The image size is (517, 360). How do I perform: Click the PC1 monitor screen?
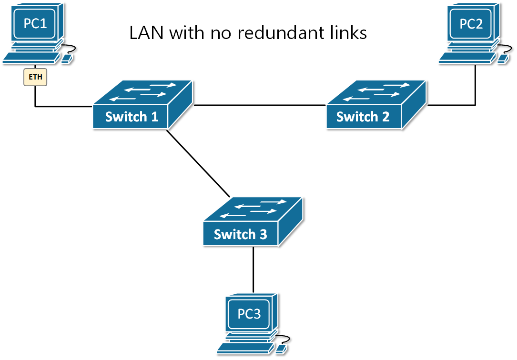(x=36, y=22)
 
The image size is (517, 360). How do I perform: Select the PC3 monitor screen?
(x=249, y=314)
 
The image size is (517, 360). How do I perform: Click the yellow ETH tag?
(x=36, y=77)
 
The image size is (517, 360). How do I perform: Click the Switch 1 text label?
(x=132, y=117)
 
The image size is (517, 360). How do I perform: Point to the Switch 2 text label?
(x=363, y=117)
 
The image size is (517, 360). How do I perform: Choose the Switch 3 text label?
(x=240, y=234)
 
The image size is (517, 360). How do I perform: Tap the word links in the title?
(x=348, y=32)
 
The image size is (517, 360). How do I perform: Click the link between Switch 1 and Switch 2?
(x=260, y=105)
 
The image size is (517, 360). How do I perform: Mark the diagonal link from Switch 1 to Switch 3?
(x=198, y=163)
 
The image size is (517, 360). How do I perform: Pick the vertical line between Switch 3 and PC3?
(x=253, y=269)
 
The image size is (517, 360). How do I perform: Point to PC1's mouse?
(x=67, y=58)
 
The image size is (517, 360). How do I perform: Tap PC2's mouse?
(x=503, y=59)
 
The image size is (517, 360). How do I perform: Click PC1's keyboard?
(x=31, y=58)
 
